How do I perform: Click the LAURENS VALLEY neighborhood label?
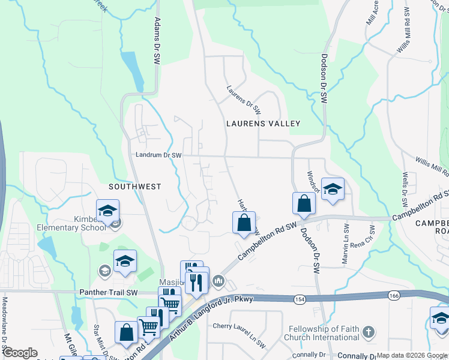(262, 124)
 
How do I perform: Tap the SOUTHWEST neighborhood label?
(134, 187)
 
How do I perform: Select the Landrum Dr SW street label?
(159, 155)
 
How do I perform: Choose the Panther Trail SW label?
(109, 292)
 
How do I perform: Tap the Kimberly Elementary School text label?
(70, 224)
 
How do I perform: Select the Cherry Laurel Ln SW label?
(240, 335)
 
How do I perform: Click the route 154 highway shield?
(300, 299)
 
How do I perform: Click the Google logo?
(20, 353)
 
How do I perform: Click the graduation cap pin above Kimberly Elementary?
(108, 211)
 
